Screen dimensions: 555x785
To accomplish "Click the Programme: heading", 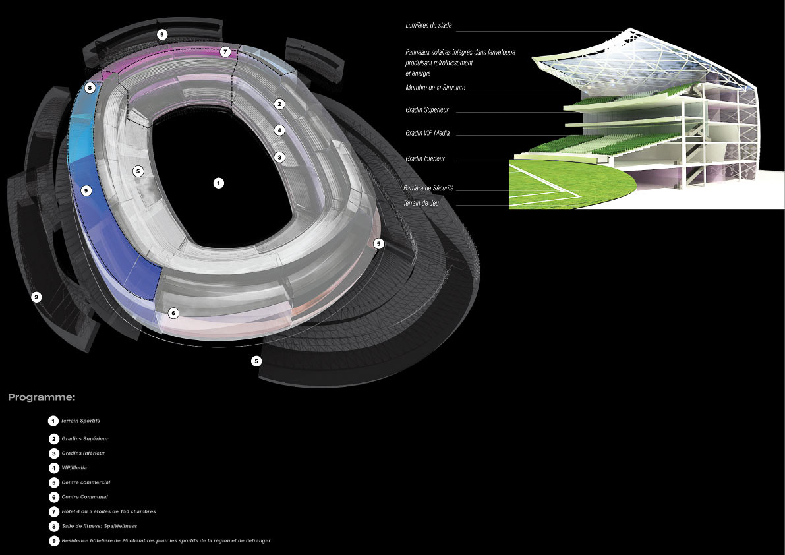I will (x=42, y=397).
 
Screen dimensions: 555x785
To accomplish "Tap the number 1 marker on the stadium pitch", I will (x=219, y=183).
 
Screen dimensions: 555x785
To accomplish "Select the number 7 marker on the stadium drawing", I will (x=225, y=51).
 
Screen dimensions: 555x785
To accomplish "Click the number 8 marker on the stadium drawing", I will (x=90, y=88).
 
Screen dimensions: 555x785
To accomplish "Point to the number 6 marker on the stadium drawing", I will (x=173, y=313).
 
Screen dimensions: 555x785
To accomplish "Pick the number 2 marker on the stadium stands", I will (x=279, y=104).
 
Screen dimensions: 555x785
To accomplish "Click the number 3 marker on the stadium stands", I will (x=279, y=157).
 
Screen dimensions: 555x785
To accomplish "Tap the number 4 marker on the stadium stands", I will (x=279, y=131).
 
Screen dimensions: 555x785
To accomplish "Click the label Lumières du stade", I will (x=428, y=26).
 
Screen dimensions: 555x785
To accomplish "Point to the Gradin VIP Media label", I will (x=428, y=133).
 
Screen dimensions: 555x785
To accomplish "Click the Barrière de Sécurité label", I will (x=428, y=189).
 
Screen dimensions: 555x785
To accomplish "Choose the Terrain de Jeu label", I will (x=421, y=204).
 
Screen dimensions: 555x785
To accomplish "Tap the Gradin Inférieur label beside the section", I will (x=425, y=159).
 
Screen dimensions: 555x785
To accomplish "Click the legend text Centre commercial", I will (x=86, y=482).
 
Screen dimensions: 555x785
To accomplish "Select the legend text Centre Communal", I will (x=84, y=497).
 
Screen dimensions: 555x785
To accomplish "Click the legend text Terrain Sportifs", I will (x=80, y=421).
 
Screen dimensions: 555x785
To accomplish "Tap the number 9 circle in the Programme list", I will (x=53, y=541).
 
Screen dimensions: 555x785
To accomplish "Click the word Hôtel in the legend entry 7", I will (x=69, y=511).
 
